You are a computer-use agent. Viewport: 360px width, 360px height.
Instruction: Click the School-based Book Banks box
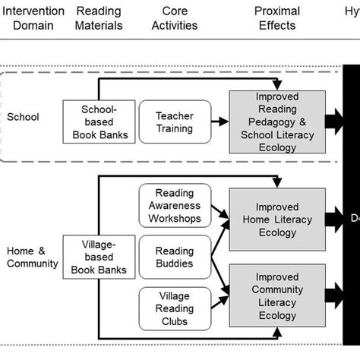[99, 122]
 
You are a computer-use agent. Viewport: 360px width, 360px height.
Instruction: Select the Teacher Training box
[175, 122]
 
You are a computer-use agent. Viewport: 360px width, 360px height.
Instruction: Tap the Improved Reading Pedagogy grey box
[276, 122]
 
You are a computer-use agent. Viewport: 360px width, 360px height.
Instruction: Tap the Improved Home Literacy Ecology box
[276, 219]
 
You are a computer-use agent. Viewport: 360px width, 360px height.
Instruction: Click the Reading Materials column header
[99, 18]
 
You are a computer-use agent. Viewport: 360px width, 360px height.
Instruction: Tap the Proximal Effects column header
[277, 18]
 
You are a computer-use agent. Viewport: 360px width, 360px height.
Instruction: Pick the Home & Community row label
[32, 257]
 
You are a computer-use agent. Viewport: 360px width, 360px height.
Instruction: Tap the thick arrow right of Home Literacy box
[335, 219]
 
